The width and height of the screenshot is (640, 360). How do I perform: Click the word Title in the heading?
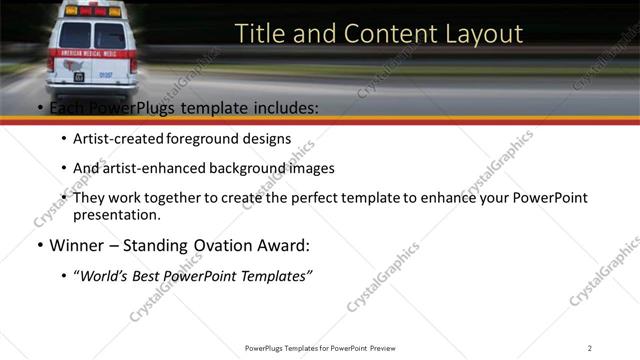click(258, 34)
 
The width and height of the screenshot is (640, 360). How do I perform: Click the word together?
click(176, 198)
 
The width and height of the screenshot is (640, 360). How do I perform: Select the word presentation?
click(115, 215)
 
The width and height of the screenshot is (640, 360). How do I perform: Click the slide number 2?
click(590, 347)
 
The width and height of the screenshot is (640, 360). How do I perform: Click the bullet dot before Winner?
click(39, 246)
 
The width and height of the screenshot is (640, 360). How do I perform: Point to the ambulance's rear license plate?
click(78, 75)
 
